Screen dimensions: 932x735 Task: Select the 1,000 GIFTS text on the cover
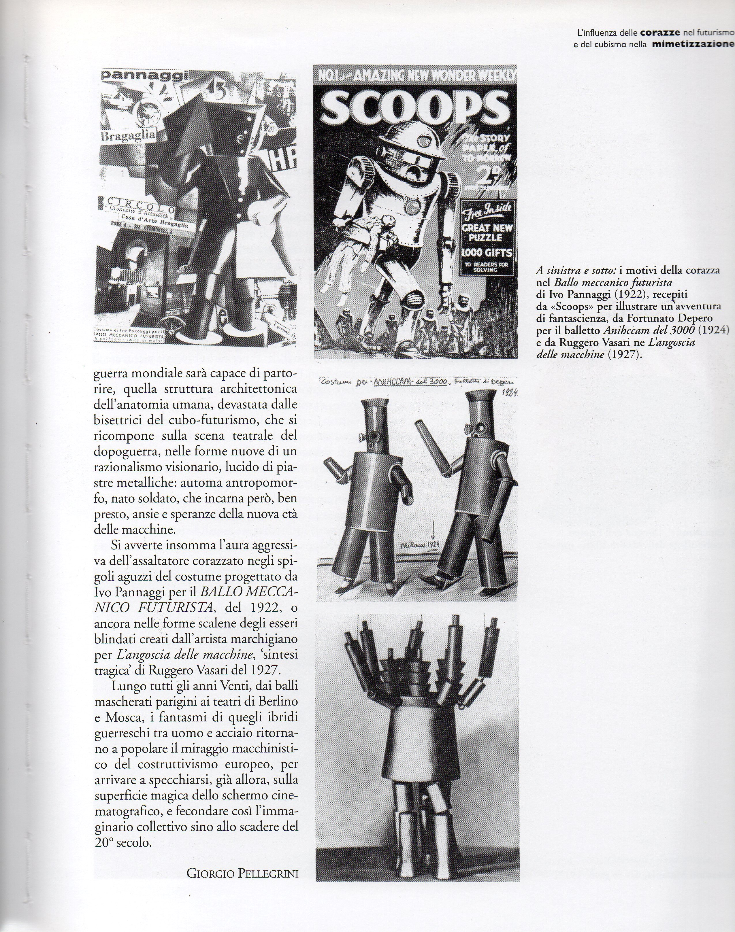(486, 252)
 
